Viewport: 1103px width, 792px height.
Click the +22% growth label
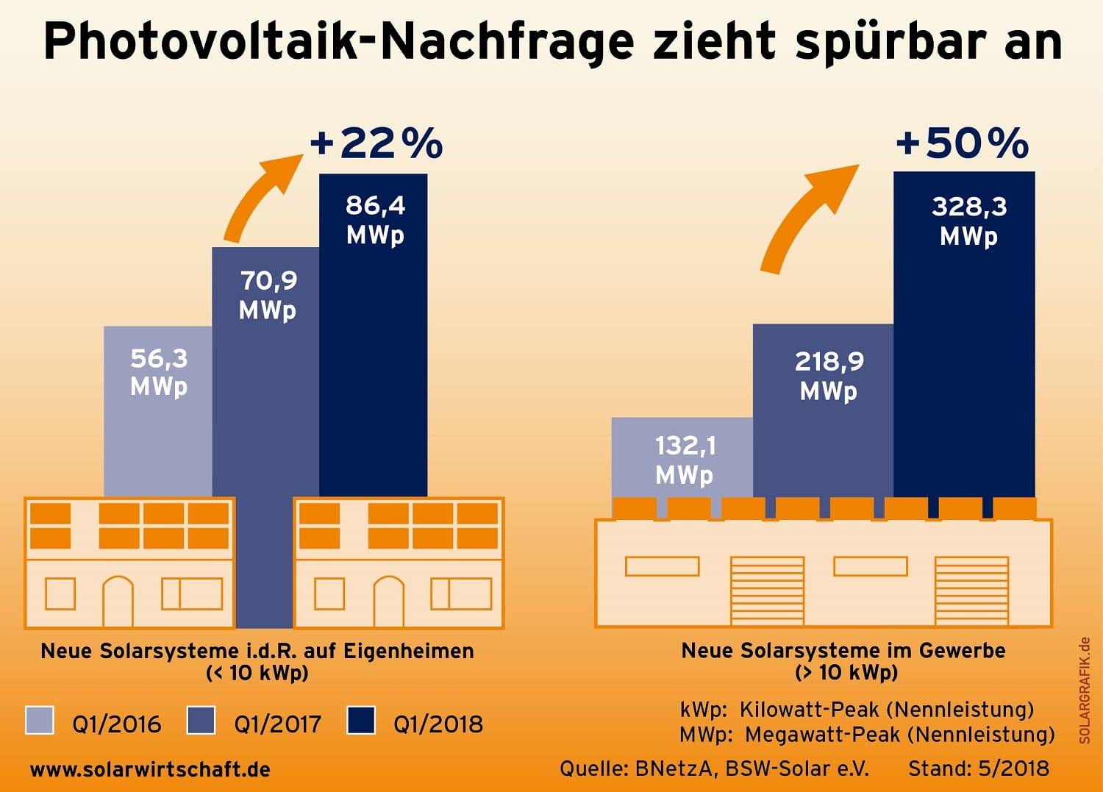pyautogui.click(x=376, y=143)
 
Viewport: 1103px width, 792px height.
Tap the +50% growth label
pyautogui.click(x=962, y=143)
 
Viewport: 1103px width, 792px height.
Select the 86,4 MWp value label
pyautogui.click(x=375, y=219)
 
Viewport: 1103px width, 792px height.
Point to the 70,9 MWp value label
pyautogui.click(x=268, y=294)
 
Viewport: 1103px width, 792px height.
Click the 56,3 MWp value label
pyautogui.click(x=159, y=371)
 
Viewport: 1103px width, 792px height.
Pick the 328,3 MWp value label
pyautogui.click(x=969, y=221)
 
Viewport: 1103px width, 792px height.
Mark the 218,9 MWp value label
pyautogui.click(x=829, y=375)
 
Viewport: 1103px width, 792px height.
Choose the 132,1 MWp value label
pyautogui.click(x=685, y=460)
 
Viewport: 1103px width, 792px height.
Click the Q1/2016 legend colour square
pyautogui.click(x=40, y=720)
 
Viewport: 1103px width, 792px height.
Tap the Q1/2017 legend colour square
pyautogui.click(x=201, y=720)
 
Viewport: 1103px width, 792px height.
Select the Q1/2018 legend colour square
pyautogui.click(x=361, y=720)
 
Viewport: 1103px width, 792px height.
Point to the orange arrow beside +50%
pyautogui.click(x=805, y=217)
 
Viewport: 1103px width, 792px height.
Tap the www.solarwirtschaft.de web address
pyautogui.click(x=150, y=770)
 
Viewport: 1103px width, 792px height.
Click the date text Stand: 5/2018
pyautogui.click(x=979, y=768)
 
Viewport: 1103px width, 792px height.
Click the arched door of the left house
pyautogui.click(x=118, y=601)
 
